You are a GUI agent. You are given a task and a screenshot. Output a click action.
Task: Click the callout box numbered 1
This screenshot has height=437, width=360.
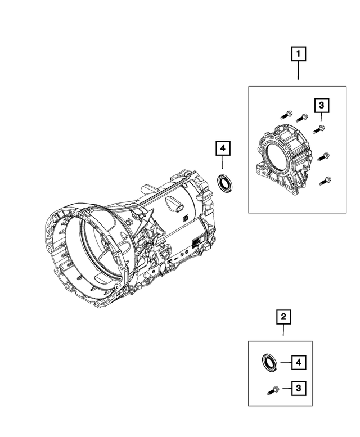pos(298,55)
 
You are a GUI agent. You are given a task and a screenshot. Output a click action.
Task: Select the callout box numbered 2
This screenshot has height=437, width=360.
pos(283,318)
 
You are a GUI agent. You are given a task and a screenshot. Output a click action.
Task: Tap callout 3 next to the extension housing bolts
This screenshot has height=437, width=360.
pos(321,105)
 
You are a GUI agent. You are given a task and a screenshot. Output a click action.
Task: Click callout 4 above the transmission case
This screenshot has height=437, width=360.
pos(223,148)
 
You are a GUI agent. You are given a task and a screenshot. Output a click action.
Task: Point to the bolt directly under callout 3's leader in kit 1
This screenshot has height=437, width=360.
pos(316,130)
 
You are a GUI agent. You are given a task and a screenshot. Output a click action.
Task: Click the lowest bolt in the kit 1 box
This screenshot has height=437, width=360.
pos(324,181)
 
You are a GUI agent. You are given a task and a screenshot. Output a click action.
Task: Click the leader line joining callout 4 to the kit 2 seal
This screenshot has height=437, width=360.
pos(283,362)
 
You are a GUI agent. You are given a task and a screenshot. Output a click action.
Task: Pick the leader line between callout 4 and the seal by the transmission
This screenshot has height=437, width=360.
pos(223,165)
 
